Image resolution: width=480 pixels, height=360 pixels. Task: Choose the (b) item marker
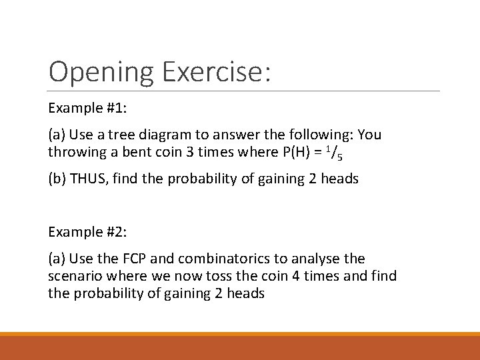pos(57,179)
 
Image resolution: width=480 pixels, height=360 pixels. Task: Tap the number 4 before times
pos(270,275)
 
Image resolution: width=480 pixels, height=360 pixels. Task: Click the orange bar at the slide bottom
pos(240,347)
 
